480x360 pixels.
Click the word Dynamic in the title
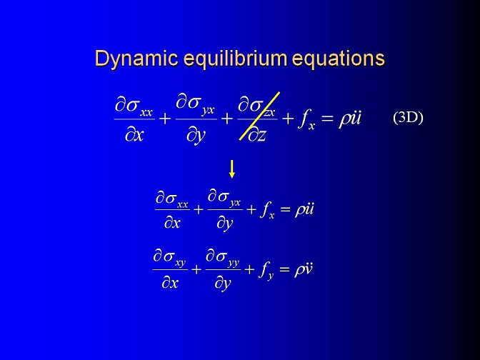[x=136, y=59]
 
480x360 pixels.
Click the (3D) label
[x=408, y=118]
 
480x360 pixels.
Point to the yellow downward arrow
[x=232, y=169]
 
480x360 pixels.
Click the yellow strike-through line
[x=259, y=116]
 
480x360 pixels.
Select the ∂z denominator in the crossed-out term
[x=257, y=135]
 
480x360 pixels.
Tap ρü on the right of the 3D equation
[x=350, y=118]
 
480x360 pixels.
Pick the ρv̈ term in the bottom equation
[x=303, y=270]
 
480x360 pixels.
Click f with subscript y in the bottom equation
[x=266, y=271]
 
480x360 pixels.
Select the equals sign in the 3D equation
[x=327, y=119]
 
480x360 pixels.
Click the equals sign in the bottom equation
[x=284, y=270]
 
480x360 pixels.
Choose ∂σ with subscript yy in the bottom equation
[x=223, y=258]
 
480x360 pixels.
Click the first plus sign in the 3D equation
[x=165, y=119]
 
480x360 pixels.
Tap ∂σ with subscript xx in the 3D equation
[x=134, y=106]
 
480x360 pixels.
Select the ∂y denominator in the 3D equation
[x=196, y=136]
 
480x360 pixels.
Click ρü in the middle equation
[x=304, y=210]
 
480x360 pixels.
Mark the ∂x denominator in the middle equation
[x=172, y=223]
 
